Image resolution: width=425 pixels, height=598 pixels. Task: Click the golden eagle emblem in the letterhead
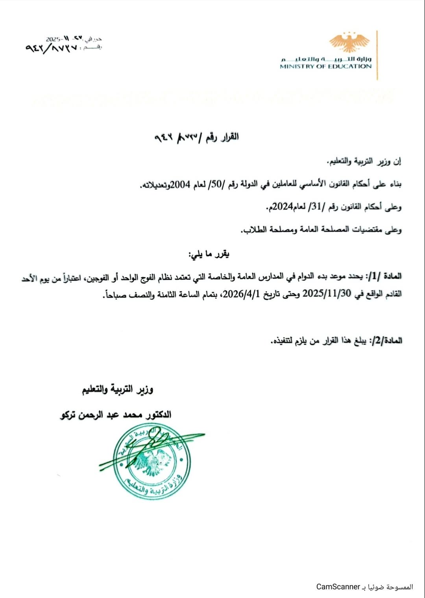(x=349, y=42)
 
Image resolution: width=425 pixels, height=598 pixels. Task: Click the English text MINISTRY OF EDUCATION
(x=325, y=67)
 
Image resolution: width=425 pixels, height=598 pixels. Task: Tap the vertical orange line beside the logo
(x=377, y=55)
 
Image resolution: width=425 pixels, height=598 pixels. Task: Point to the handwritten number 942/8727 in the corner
(x=51, y=48)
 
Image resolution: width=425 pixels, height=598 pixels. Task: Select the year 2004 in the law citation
(x=180, y=185)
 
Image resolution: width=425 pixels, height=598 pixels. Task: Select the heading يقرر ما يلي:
(x=209, y=254)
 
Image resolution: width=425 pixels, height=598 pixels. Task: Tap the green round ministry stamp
(x=152, y=461)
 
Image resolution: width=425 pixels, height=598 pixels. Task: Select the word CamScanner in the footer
(x=338, y=587)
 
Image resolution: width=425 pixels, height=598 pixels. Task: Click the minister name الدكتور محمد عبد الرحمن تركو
(x=116, y=415)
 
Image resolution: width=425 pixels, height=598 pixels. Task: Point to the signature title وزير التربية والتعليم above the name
(x=117, y=390)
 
